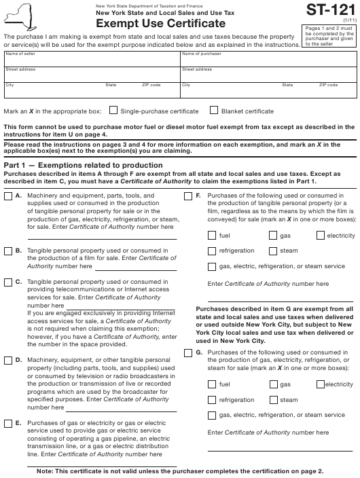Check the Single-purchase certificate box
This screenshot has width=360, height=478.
point(113,110)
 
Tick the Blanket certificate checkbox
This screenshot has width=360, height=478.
point(215,110)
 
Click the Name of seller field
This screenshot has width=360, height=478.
point(90,60)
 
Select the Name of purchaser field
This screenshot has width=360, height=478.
point(268,60)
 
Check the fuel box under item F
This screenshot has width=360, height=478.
point(212,236)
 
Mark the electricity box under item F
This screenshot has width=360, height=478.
point(321,236)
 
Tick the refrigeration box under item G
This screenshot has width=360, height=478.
point(212,400)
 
